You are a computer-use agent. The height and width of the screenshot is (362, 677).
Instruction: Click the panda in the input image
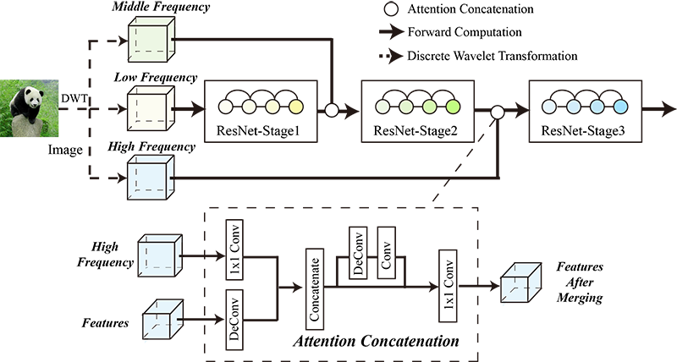[x=26, y=104]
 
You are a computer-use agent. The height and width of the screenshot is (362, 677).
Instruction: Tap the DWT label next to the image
[x=74, y=99]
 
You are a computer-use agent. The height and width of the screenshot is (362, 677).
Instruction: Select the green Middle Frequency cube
[x=151, y=40]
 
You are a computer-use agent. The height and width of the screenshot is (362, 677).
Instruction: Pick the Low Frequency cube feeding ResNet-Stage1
[x=151, y=108]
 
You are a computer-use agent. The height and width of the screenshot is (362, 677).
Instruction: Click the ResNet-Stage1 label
[x=258, y=130]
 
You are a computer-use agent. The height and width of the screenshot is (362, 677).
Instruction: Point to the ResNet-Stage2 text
[x=415, y=130]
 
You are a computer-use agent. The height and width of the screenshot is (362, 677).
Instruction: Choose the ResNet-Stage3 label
[x=583, y=130]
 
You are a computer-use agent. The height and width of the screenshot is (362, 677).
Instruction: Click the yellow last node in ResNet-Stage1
[x=295, y=106]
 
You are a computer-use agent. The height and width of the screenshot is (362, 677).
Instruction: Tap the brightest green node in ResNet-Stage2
[x=453, y=106]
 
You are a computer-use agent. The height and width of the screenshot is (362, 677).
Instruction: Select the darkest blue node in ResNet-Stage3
[x=620, y=106]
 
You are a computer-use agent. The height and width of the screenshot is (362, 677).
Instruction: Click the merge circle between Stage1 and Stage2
[x=331, y=111]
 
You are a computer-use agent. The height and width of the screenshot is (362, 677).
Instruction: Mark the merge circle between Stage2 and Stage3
[x=498, y=112]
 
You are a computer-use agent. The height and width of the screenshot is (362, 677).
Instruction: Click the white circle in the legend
[x=391, y=9]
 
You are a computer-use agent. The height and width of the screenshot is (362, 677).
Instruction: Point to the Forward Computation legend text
[x=465, y=32]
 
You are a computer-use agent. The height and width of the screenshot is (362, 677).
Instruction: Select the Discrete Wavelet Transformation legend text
[x=493, y=56]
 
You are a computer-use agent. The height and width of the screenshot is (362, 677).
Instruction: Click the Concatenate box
[x=314, y=289]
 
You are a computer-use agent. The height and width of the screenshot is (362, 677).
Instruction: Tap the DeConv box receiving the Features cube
[x=234, y=319]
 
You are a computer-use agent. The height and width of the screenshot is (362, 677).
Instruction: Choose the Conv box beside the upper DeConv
[x=387, y=252]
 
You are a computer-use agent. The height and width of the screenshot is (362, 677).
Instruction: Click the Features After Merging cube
[x=520, y=282]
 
